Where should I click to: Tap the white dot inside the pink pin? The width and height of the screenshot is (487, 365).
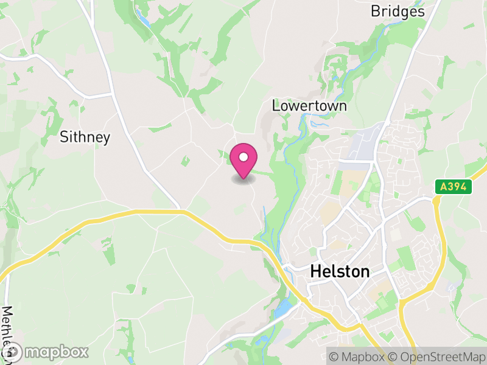[x=243, y=158]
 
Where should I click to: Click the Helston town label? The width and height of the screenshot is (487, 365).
[x=340, y=271]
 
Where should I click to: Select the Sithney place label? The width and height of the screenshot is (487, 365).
[x=85, y=137]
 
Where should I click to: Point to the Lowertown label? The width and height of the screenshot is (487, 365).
[x=309, y=106]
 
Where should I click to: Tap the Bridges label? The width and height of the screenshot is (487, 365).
[x=398, y=12]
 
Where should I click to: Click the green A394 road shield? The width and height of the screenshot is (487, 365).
[x=454, y=187]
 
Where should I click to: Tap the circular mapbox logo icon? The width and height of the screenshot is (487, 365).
[x=13, y=352]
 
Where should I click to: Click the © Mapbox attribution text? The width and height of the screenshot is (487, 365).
[x=359, y=355]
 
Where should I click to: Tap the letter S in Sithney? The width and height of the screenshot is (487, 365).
[x=64, y=137]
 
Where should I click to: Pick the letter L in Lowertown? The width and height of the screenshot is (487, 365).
[x=276, y=106]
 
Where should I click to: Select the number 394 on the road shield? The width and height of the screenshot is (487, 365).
[x=457, y=187]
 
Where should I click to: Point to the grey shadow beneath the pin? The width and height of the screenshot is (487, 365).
[x=243, y=179]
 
